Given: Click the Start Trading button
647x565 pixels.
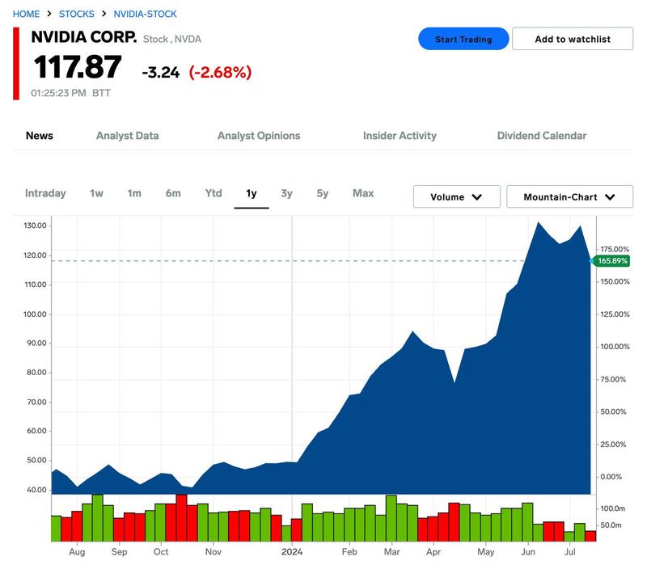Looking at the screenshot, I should pyautogui.click(x=463, y=39).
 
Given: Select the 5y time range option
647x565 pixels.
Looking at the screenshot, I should pyautogui.click(x=323, y=193).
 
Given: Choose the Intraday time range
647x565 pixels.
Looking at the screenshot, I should pyautogui.click(x=45, y=193).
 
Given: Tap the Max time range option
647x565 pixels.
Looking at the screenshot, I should pyautogui.click(x=363, y=193).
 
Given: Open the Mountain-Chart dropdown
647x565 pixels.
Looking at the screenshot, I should pyautogui.click(x=571, y=196).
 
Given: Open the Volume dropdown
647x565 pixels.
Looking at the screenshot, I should pyautogui.click(x=456, y=196).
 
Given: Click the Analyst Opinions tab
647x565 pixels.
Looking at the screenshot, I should pyautogui.click(x=259, y=136).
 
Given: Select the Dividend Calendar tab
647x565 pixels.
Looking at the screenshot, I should pyautogui.click(x=542, y=136).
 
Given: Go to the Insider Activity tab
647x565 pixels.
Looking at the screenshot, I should pyautogui.click(x=400, y=136).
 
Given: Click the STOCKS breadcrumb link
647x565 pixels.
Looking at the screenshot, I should pyautogui.click(x=76, y=14).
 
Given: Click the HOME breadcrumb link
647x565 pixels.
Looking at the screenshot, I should pyautogui.click(x=26, y=14).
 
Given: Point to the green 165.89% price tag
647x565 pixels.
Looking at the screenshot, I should pyautogui.click(x=611, y=261).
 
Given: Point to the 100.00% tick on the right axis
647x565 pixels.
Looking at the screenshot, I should pyautogui.click(x=612, y=347).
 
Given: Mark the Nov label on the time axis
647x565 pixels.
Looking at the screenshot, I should pyautogui.click(x=214, y=552).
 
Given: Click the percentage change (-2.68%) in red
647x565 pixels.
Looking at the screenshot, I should pyautogui.click(x=220, y=72).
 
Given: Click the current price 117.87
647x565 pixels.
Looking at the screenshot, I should pyautogui.click(x=77, y=68).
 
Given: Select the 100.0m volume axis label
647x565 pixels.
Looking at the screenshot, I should pyautogui.click(x=612, y=508).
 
